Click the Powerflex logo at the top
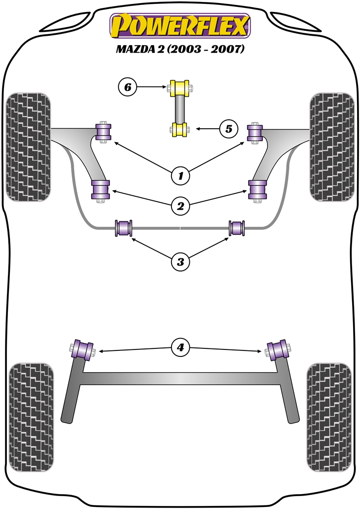point(180,26)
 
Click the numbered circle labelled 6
point(127,88)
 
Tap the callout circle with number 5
point(228,129)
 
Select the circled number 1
point(180,175)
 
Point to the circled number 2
point(180,204)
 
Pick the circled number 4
point(180,348)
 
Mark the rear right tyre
point(330,416)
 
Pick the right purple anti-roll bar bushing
point(237,228)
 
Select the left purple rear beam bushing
point(83,348)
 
